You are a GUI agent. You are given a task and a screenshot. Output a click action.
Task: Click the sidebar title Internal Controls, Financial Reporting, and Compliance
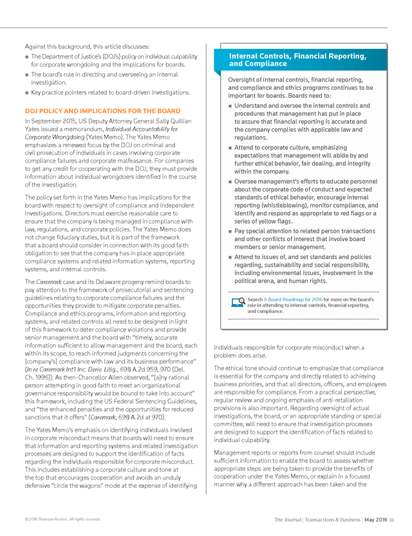tap(297, 60)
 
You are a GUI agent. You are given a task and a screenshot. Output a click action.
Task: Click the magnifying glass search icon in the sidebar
tap(237, 301)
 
